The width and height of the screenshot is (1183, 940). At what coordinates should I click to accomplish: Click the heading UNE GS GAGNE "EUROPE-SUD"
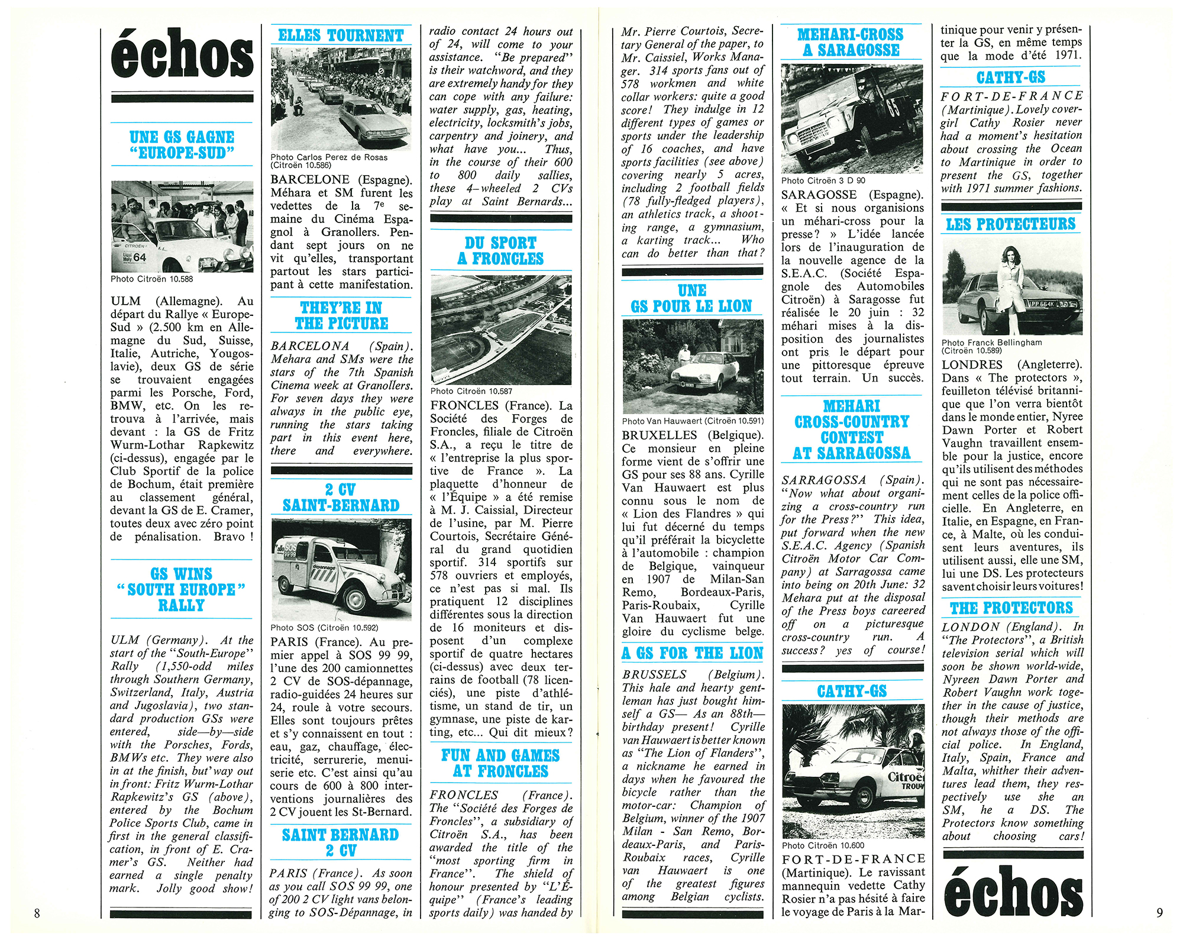pyautogui.click(x=182, y=146)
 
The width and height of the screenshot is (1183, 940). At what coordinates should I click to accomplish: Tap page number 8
pyautogui.click(x=37, y=913)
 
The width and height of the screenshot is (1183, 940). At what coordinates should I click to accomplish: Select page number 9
pyautogui.click(x=1159, y=913)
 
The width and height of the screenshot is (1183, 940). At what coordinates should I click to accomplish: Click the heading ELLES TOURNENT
pyautogui.click(x=341, y=35)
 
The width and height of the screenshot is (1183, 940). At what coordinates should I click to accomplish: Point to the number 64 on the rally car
pyautogui.click(x=140, y=257)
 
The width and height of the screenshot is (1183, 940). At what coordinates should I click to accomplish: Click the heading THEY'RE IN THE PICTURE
pyautogui.click(x=341, y=316)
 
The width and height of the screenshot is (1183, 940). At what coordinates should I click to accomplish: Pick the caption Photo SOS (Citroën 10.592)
pyautogui.click(x=324, y=628)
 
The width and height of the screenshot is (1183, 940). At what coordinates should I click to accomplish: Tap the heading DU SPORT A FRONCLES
pyautogui.click(x=501, y=251)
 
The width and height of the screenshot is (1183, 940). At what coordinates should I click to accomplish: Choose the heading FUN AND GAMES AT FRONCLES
pyautogui.click(x=500, y=764)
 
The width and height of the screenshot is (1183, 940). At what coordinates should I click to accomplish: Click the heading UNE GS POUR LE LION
pyautogui.click(x=691, y=299)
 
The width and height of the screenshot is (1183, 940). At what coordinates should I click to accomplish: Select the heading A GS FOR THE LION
pyautogui.click(x=692, y=653)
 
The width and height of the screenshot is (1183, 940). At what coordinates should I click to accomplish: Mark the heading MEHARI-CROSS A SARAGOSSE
pyautogui.click(x=851, y=43)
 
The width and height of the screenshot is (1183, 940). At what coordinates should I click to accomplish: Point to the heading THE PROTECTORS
pyautogui.click(x=1011, y=608)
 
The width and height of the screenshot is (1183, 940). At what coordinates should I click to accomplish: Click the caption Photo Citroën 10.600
pyautogui.click(x=823, y=846)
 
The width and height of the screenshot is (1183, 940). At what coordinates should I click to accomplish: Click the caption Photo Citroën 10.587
pyautogui.click(x=471, y=391)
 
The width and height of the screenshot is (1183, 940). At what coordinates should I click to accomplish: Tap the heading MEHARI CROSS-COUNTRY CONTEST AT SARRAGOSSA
pyautogui.click(x=852, y=430)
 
